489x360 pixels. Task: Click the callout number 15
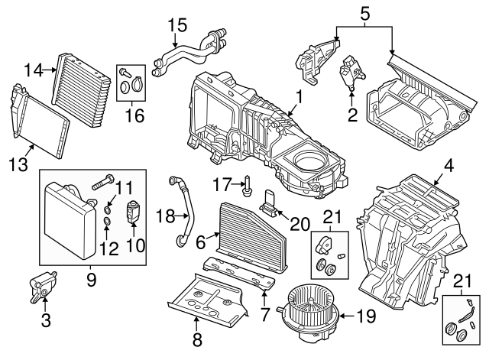pyautogui.click(x=176, y=24)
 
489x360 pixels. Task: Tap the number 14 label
pyautogui.click(x=31, y=70)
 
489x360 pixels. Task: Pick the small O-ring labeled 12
pyautogui.click(x=108, y=223)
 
